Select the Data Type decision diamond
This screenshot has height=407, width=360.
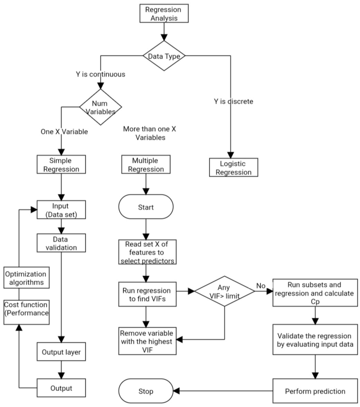[x=164, y=54]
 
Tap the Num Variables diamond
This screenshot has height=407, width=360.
[x=100, y=107]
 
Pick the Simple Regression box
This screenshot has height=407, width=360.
[x=61, y=165]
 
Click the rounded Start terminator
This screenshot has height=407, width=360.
[x=146, y=207]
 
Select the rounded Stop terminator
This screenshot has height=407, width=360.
[x=146, y=391]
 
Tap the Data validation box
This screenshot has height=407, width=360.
[x=61, y=243]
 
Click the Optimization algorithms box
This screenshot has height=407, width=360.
[x=27, y=278]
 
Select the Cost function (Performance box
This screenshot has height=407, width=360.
[x=27, y=308]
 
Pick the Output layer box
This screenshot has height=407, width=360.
[x=61, y=351]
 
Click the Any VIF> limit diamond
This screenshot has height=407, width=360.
[x=224, y=291]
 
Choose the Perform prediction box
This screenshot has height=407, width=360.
[x=314, y=391]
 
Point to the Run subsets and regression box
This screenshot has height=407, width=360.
[x=314, y=291]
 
